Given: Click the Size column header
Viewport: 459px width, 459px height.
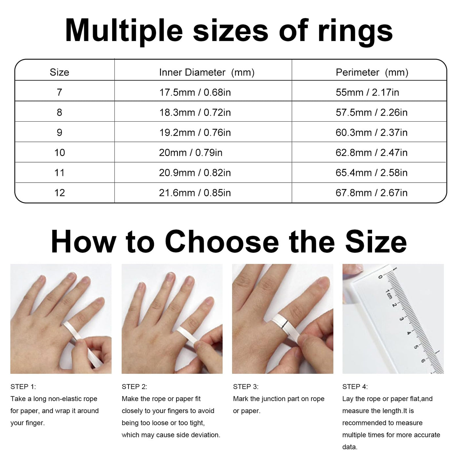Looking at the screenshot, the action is (x=59, y=72).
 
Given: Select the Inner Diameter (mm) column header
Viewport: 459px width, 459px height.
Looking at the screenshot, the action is (x=207, y=72).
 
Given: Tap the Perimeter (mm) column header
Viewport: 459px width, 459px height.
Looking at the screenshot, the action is (x=372, y=72).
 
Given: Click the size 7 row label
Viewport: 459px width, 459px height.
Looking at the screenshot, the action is (x=59, y=92).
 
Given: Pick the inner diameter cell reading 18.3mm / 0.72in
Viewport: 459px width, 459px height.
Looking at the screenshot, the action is (x=195, y=112).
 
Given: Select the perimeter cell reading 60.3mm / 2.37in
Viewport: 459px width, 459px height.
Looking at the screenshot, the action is (x=371, y=132).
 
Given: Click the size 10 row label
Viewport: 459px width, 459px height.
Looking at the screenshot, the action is (x=60, y=153).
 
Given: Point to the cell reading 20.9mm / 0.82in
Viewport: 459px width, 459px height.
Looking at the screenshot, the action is (x=195, y=173).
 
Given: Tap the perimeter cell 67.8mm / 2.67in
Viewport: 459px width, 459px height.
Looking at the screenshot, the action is (x=371, y=193).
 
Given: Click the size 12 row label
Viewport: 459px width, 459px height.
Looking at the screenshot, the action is (x=60, y=193).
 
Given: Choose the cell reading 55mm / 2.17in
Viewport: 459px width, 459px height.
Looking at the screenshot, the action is (x=367, y=92).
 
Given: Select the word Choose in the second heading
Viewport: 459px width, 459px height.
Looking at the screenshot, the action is (x=222, y=242).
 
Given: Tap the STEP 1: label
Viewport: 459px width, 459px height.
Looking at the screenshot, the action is (x=23, y=387).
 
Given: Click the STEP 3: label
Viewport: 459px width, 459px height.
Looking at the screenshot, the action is (x=246, y=387).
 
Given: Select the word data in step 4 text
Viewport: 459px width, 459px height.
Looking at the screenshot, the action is (x=350, y=447).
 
